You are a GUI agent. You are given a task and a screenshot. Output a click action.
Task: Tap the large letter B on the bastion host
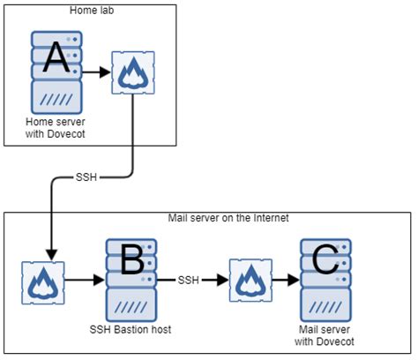131,261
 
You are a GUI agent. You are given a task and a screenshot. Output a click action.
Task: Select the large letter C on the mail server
325,260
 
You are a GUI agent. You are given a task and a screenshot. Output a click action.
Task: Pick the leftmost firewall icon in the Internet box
41,281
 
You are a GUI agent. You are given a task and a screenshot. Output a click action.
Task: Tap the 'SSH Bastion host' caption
131,329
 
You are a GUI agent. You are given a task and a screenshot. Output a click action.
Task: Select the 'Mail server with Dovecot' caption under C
325,334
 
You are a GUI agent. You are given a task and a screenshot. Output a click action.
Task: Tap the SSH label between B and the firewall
189,281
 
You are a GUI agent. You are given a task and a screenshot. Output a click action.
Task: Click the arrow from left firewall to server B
83,281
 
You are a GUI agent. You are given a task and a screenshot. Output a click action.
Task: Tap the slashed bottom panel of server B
131,305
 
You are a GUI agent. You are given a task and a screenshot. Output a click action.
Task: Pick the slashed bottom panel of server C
325,305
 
